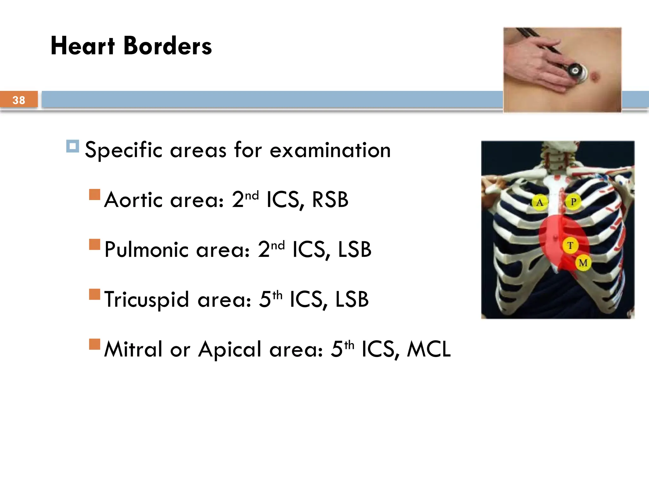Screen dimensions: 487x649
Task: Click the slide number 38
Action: (x=19, y=100)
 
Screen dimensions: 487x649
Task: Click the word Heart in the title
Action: (x=82, y=46)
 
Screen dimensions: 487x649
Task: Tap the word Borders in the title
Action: (x=167, y=46)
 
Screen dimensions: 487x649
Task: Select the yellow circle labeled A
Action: (x=539, y=202)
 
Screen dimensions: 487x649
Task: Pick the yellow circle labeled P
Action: (x=573, y=202)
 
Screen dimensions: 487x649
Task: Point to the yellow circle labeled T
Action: (x=570, y=245)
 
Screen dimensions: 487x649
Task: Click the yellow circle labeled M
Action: (x=583, y=263)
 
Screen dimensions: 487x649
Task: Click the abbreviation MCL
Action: (x=428, y=349)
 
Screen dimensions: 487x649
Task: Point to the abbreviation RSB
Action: (x=330, y=200)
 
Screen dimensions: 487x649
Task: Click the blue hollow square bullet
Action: (x=73, y=146)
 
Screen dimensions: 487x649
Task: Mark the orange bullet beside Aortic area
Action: (x=95, y=195)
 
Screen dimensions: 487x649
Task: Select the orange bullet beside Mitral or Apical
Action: (x=95, y=344)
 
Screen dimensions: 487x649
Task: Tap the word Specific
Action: (x=124, y=150)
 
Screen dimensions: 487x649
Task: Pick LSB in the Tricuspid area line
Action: (x=352, y=300)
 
